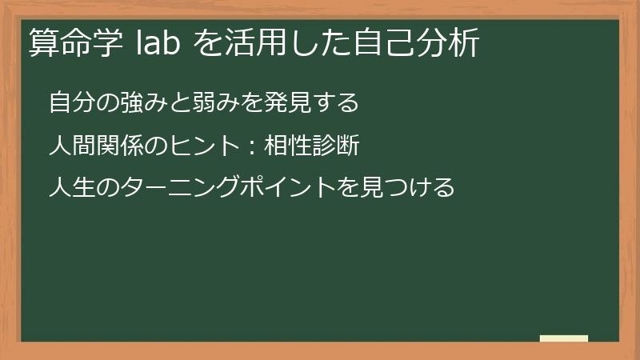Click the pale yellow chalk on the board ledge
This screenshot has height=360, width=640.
click(564, 338)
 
